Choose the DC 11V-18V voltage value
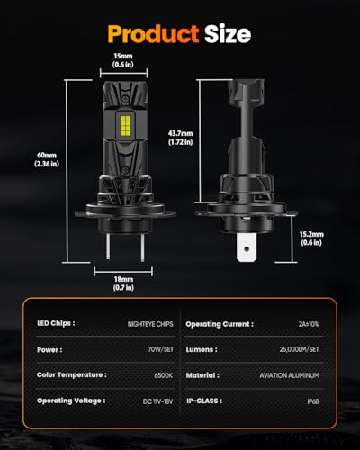point(147,400)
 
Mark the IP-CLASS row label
point(208,400)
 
